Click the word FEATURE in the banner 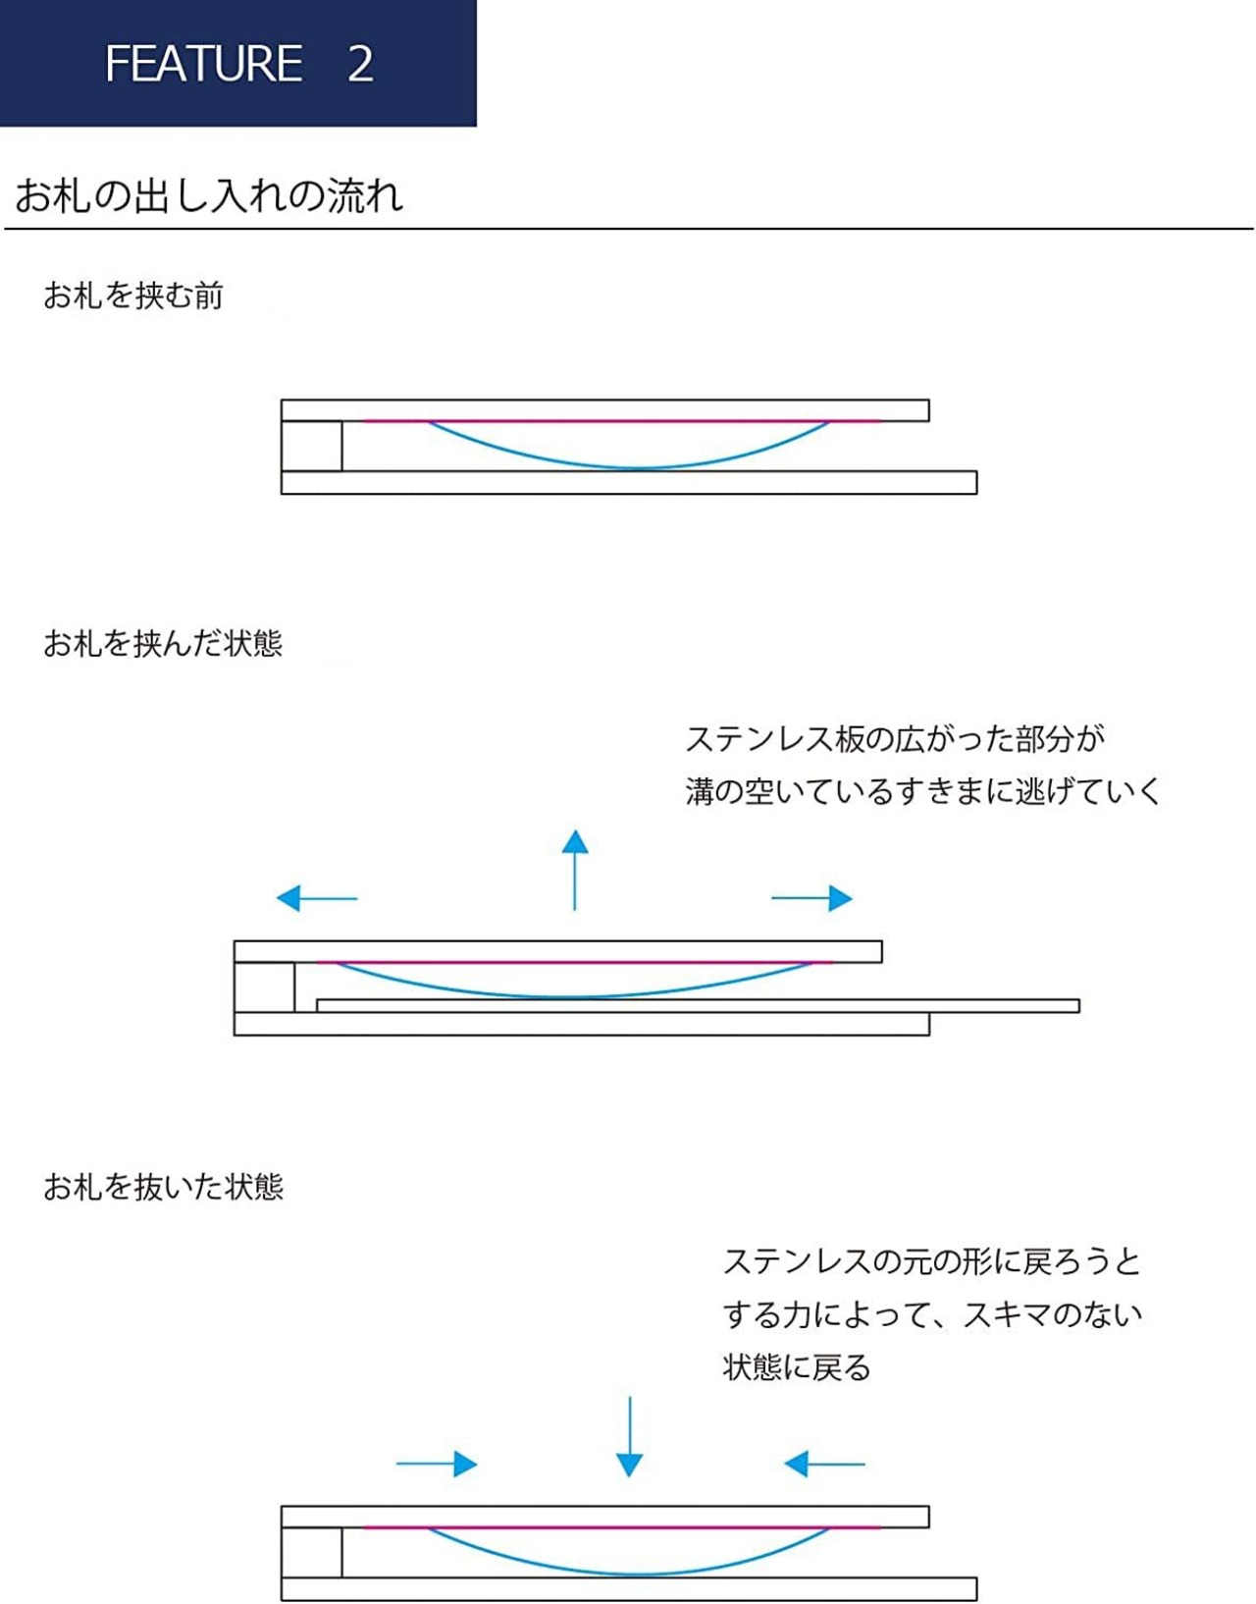[203, 63]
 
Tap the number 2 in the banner [360, 63]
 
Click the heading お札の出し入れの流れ [209, 195]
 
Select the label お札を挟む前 [132, 295]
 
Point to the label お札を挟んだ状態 [163, 643]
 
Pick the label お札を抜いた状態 [163, 1186]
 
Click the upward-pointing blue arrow [575, 870]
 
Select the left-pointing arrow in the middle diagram [316, 898]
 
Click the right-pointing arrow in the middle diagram [812, 898]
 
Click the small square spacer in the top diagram [312, 446]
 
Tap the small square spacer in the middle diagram [265, 988]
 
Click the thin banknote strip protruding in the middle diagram [698, 1005]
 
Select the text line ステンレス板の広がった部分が [895, 739]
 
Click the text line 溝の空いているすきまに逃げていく [923, 791]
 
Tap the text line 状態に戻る [797, 1367]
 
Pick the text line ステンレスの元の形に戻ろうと [932, 1261]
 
